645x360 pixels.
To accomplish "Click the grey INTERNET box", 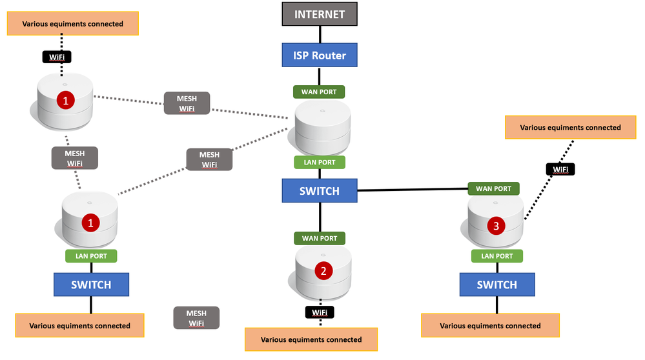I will click(319, 14).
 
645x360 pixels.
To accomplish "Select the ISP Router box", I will click(319, 55).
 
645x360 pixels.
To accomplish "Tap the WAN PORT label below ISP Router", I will click(319, 92).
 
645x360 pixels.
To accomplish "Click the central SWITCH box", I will click(319, 191).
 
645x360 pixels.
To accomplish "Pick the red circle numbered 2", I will click(323, 271).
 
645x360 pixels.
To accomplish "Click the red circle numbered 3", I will click(496, 226).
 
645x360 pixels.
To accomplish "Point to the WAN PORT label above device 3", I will click(493, 189).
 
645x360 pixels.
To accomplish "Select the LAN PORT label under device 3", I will click(497, 256).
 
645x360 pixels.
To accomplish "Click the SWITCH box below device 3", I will click(497, 285).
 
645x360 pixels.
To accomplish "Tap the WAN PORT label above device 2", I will click(319, 238).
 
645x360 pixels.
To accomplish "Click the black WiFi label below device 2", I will click(320, 312).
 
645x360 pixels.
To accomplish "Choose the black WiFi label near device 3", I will click(560, 170).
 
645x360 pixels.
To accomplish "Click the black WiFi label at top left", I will click(57, 57).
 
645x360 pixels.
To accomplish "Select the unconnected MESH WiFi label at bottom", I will click(196, 317).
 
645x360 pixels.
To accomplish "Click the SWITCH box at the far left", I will click(91, 285).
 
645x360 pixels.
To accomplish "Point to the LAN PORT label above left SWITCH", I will click(91, 256).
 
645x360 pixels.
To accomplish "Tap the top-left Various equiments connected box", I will click(72, 24).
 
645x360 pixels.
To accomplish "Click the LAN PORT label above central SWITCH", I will click(319, 162).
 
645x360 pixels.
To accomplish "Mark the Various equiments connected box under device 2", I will click(311, 339).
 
